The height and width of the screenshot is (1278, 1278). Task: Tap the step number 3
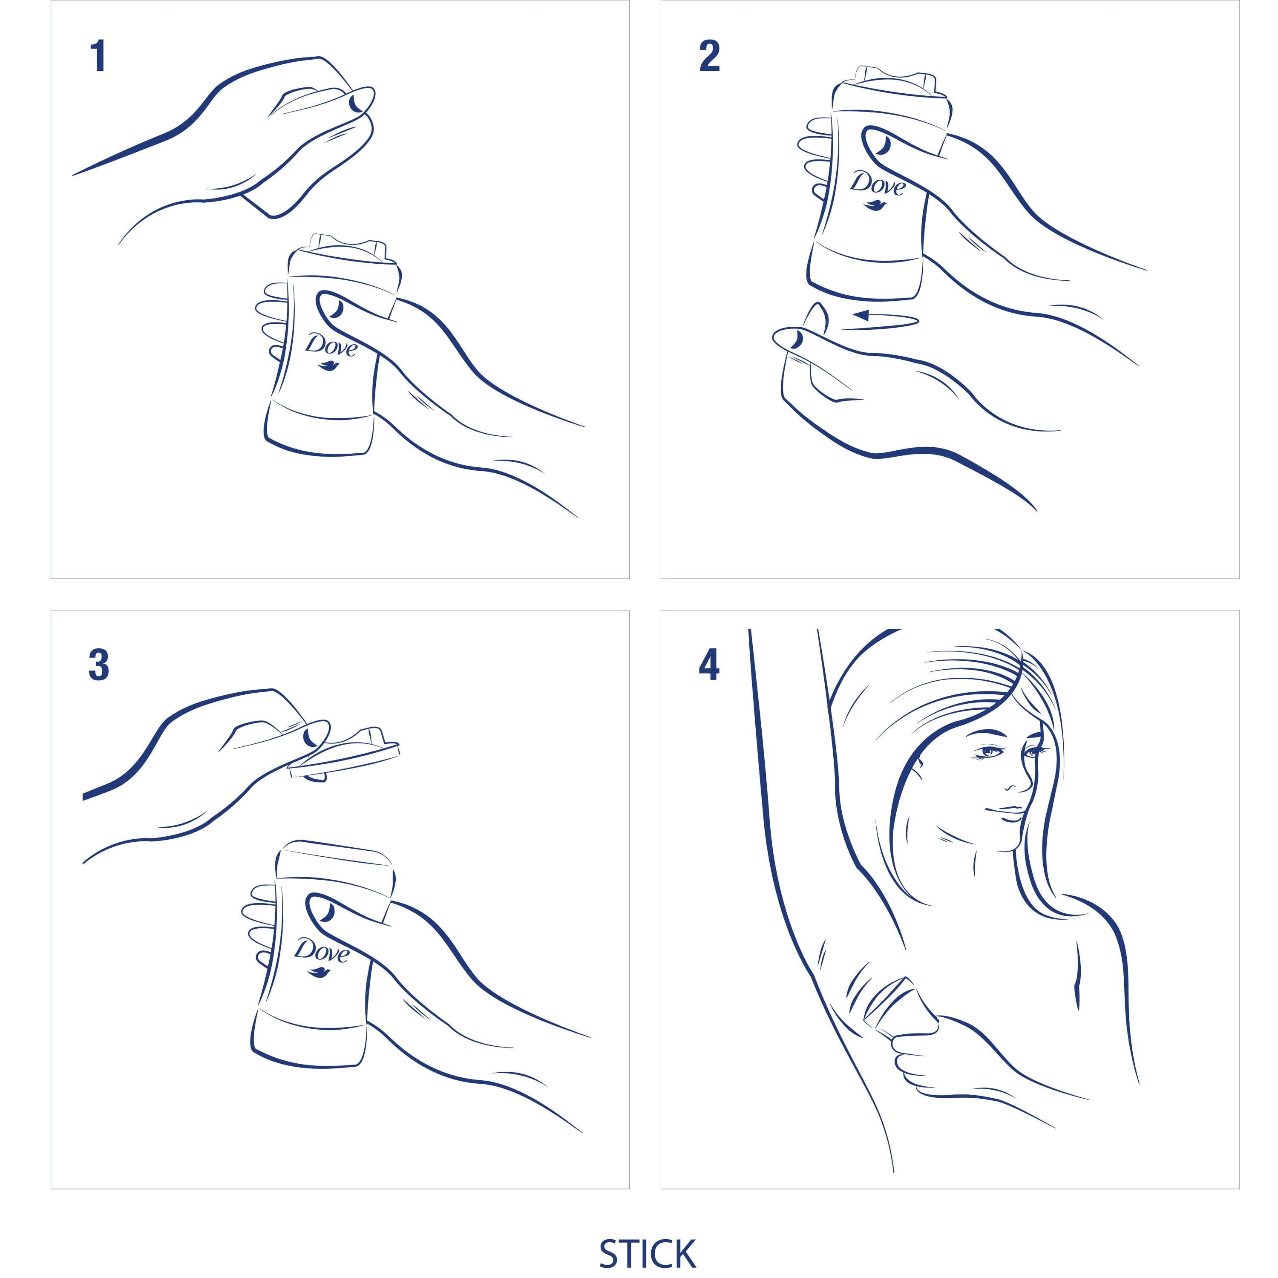pos(98,665)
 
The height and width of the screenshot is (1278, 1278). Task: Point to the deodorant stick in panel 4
pos(900,1006)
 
